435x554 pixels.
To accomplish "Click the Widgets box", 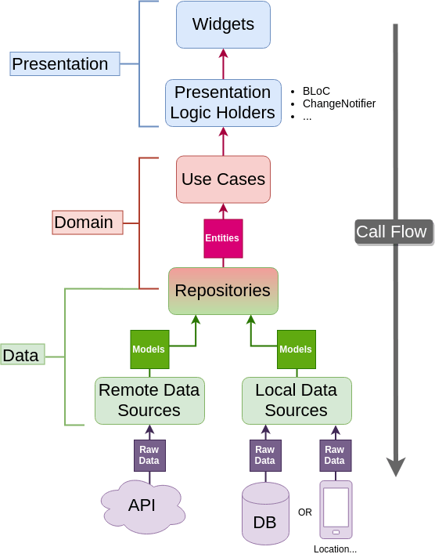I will [x=223, y=24].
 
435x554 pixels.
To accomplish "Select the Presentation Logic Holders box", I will [x=223, y=103].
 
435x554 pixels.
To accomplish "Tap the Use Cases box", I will [x=223, y=179].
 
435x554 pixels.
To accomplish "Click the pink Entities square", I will [x=223, y=238].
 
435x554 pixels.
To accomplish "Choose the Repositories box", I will [x=223, y=291].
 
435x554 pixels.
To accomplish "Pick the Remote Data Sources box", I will [x=149, y=400].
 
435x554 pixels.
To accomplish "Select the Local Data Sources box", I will [x=297, y=400].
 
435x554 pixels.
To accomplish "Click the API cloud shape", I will [x=142, y=505].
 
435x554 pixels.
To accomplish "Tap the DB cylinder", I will [x=265, y=514].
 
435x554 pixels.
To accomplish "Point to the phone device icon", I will [x=336, y=509].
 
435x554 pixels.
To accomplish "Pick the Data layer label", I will [x=22, y=355].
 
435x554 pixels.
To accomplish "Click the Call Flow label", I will [x=392, y=232].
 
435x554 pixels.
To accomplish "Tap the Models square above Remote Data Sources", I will [x=149, y=349].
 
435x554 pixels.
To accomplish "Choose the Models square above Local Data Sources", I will [x=296, y=349].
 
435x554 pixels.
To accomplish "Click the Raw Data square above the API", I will [x=149, y=455].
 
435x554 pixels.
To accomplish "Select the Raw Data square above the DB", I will [x=265, y=455].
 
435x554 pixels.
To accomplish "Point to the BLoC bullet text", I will [x=316, y=91].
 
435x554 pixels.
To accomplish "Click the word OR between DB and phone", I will [x=304, y=512].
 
